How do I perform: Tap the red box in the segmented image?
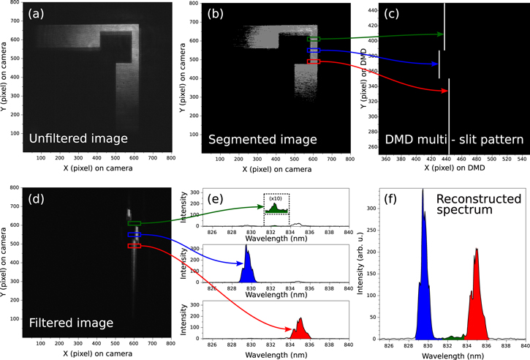coord(314,62)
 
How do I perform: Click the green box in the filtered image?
coord(135,223)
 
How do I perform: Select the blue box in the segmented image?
coord(314,50)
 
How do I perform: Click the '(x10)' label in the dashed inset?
coord(276,198)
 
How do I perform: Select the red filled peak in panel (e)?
coord(300,330)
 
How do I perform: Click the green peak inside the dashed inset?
coord(276,209)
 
